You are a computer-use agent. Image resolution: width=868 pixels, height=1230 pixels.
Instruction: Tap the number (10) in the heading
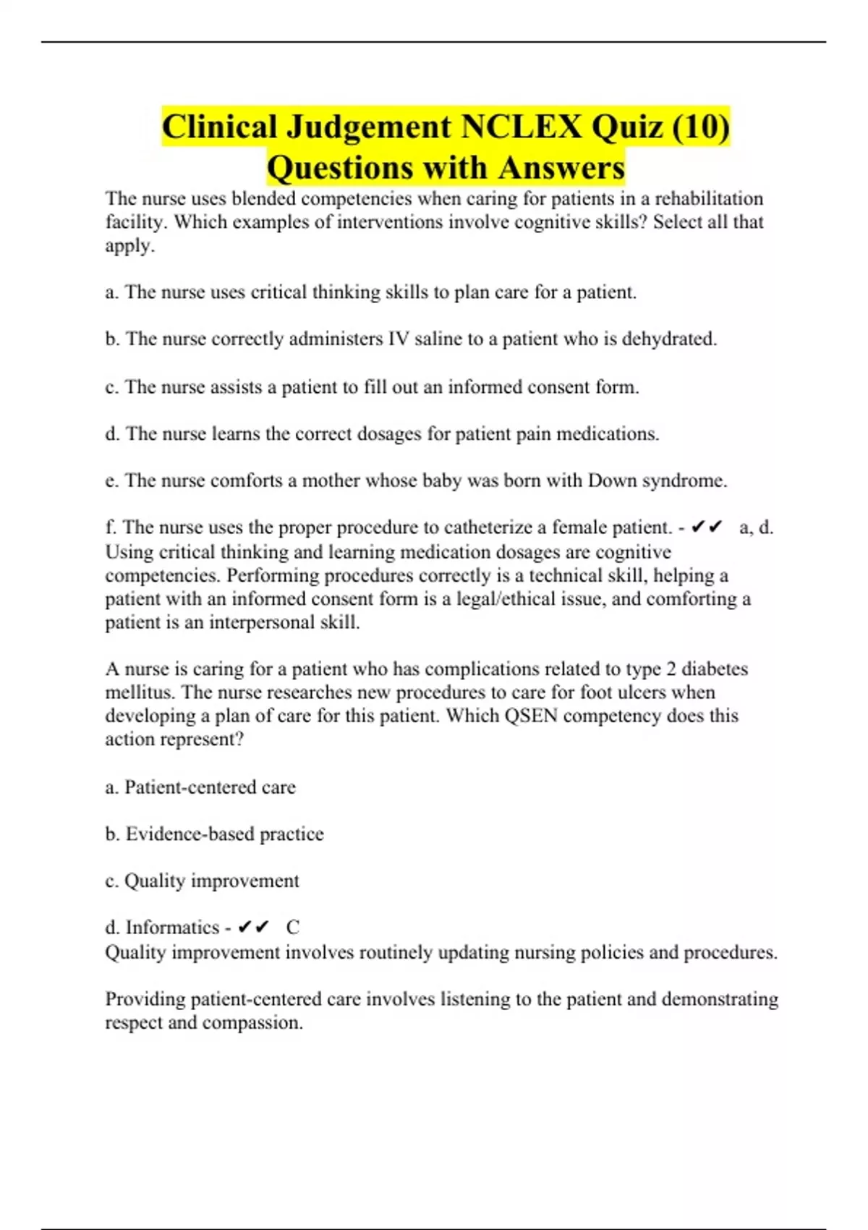[x=700, y=127]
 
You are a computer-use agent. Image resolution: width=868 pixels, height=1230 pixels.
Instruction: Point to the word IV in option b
[x=399, y=339]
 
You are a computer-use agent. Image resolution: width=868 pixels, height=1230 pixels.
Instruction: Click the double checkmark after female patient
[x=707, y=527]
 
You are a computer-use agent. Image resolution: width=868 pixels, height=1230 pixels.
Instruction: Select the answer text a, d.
[x=756, y=527]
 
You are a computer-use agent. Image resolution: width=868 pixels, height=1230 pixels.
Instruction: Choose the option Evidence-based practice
[x=224, y=834]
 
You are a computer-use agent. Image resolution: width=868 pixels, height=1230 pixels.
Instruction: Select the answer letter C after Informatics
[x=292, y=927]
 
